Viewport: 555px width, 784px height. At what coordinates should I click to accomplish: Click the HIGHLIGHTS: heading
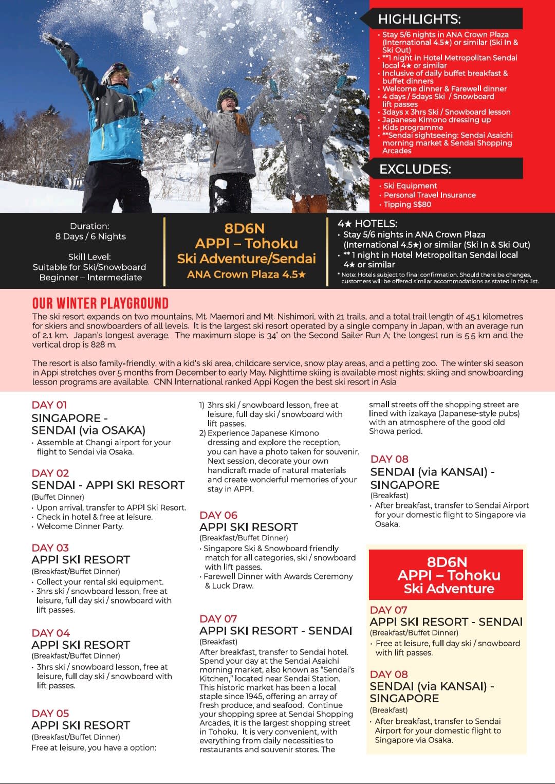[x=419, y=20]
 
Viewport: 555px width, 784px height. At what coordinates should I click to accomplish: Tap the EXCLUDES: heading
[x=415, y=169]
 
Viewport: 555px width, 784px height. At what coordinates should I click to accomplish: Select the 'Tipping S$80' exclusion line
[x=407, y=205]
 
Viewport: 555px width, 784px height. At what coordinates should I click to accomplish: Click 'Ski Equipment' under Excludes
[x=410, y=186]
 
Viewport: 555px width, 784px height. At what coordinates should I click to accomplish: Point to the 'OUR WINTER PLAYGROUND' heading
[x=100, y=303]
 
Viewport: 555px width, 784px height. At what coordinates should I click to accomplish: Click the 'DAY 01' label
[x=49, y=405]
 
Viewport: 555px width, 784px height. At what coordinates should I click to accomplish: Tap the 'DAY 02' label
[x=50, y=473]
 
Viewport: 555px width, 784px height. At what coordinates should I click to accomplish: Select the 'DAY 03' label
[x=50, y=548]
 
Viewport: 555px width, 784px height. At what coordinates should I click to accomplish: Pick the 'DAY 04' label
[x=51, y=633]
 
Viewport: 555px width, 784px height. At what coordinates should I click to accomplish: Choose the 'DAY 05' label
[x=50, y=714]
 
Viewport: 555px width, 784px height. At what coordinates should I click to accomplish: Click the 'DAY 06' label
[x=218, y=515]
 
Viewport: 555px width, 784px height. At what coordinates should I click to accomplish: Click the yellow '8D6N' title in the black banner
[x=244, y=228]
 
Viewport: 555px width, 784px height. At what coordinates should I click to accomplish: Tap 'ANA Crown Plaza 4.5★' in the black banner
[x=246, y=275]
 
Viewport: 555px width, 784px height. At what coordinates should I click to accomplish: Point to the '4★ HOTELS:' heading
[x=367, y=224]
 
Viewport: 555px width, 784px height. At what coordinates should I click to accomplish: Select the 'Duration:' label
[x=89, y=226]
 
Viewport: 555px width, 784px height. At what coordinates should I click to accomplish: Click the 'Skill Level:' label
[x=89, y=257]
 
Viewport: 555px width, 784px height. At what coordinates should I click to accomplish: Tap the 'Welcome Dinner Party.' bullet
[x=80, y=526]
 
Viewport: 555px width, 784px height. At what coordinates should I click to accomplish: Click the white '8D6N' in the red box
[x=446, y=562]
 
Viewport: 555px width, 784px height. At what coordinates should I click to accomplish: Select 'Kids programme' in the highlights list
[x=412, y=127]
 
